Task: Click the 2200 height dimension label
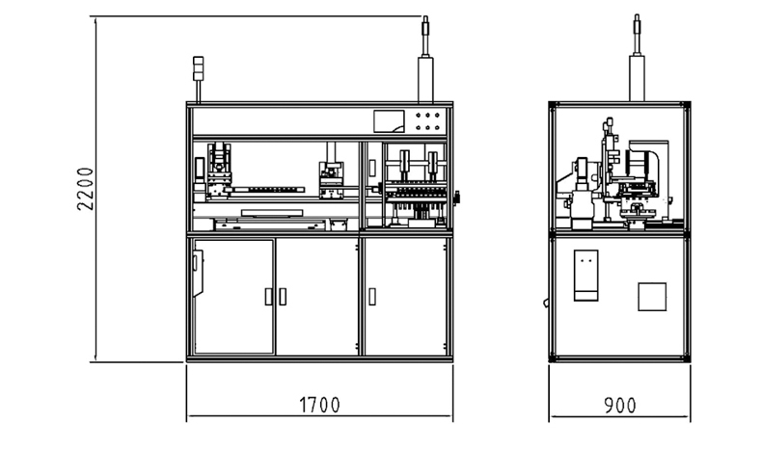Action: pyautogui.click(x=86, y=188)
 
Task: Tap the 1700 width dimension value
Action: pyautogui.click(x=319, y=405)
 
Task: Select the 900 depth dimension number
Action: pyautogui.click(x=619, y=406)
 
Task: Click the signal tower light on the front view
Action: pyautogui.click(x=199, y=68)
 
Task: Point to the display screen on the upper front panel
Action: pyautogui.click(x=389, y=121)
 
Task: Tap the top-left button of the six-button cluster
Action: pyautogui.click(x=419, y=116)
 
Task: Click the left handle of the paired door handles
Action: pyautogui.click(x=268, y=297)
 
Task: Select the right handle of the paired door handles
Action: pyautogui.click(x=283, y=297)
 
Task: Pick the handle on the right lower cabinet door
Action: pyautogui.click(x=372, y=297)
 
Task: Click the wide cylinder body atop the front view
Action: pyautogui.click(x=425, y=80)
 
